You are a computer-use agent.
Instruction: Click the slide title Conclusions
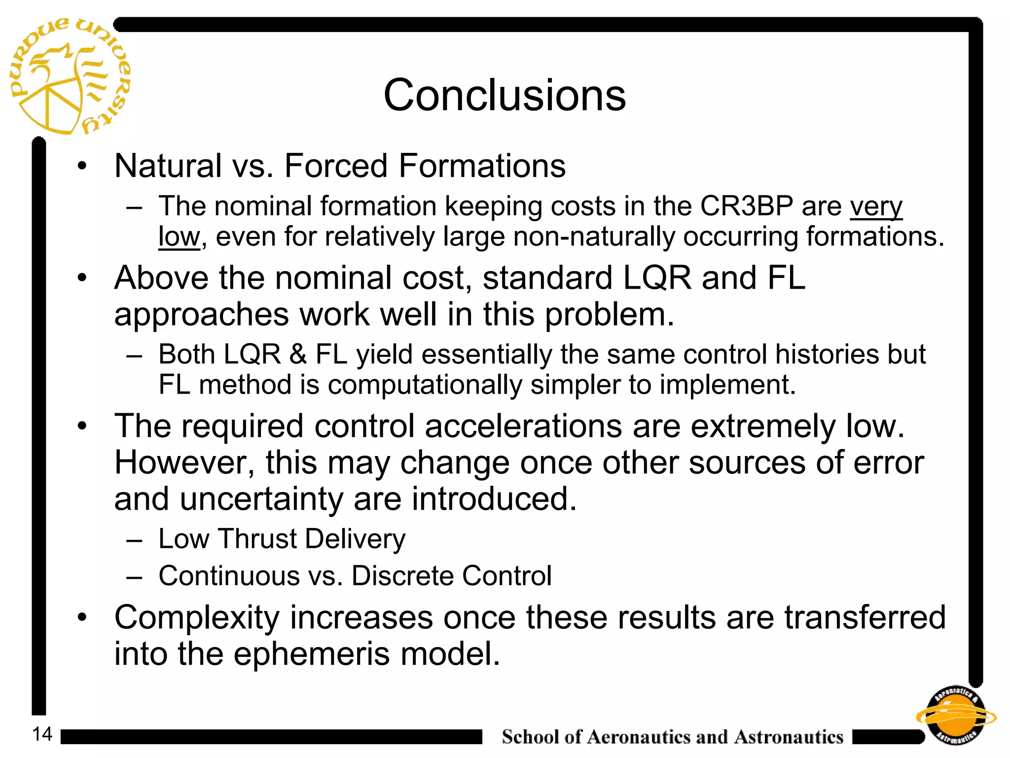tap(505, 95)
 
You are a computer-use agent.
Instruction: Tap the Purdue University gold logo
tap(69, 76)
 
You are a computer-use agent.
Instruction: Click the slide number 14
tap(42, 734)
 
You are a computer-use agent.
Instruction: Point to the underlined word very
tap(876, 207)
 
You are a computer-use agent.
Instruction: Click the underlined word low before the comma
tap(179, 236)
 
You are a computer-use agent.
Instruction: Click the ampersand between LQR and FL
tap(298, 354)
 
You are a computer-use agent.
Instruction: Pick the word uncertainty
tap(261, 499)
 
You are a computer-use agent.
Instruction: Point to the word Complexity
tap(197, 618)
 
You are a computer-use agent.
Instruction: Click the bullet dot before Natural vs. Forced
tap(82, 166)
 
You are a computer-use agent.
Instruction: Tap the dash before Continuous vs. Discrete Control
tap(134, 576)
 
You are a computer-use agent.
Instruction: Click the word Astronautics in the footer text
tap(788, 737)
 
